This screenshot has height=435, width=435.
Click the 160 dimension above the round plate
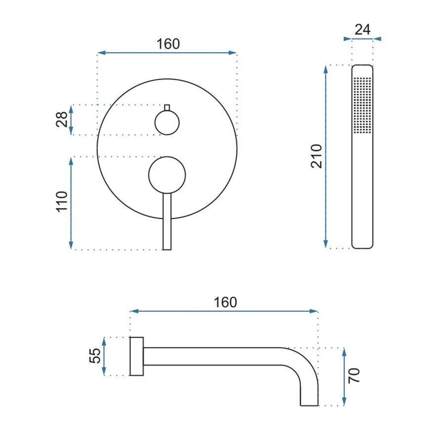point(168,44)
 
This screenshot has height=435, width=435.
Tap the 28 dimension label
point(62,120)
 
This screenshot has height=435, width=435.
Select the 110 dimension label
point(62,201)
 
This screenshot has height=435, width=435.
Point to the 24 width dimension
point(362,30)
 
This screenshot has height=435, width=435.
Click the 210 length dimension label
point(316,156)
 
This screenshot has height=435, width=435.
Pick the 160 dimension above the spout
point(226,302)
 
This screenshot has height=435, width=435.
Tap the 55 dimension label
point(95,356)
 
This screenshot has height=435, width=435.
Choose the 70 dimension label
point(354,376)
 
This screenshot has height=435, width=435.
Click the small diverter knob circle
point(167,123)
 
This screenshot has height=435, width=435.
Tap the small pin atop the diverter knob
point(167,108)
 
